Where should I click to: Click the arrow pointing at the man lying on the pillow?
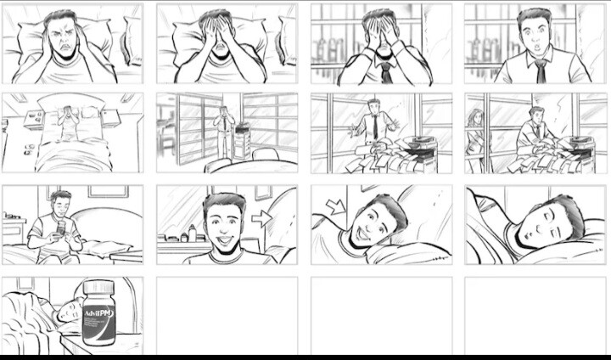pyautogui.click(x=337, y=205)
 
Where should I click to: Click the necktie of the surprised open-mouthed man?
pyautogui.click(x=541, y=70)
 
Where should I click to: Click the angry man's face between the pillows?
pyautogui.click(x=62, y=41)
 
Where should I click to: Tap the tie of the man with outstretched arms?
pyautogui.click(x=374, y=127)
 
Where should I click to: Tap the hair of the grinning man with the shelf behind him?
pyautogui.click(x=223, y=203)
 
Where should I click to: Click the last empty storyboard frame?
pyautogui.click(x=535, y=315)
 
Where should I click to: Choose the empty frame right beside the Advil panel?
pyautogui.click(x=227, y=315)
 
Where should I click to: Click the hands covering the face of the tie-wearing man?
pyautogui.click(x=379, y=34)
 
